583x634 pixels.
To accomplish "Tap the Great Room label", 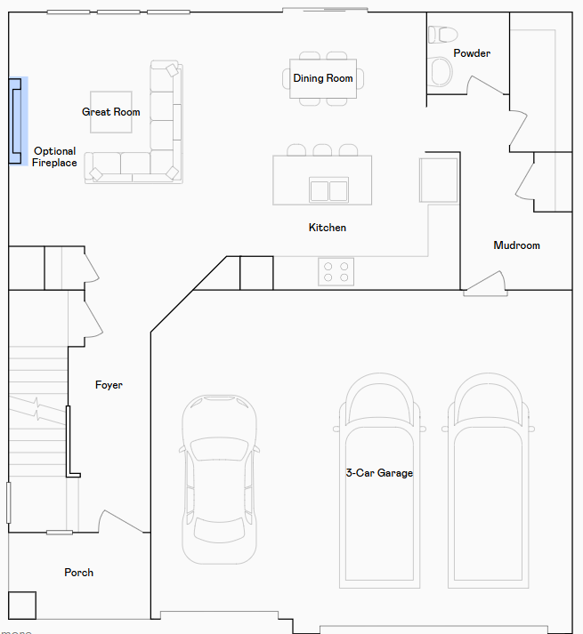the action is point(111,112).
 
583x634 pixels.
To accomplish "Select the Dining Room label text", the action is point(323,78).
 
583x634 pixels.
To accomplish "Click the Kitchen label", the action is point(328,228).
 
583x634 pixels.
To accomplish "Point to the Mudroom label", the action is point(516,245).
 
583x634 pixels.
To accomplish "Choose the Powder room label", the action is point(472,53).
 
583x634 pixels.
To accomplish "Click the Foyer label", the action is point(109,385).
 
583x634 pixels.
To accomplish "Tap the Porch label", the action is point(79,573).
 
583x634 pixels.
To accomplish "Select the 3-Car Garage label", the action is point(379,473).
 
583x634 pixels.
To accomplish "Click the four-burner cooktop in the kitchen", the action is point(336,272).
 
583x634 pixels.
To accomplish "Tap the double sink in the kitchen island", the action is point(328,189).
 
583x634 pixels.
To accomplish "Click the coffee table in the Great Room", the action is point(111,112).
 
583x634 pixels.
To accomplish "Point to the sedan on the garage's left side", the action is point(220,479).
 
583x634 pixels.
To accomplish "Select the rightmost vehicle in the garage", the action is point(488,480).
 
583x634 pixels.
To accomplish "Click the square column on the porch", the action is point(22,606).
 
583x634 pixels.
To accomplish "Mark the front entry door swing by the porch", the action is point(121,522).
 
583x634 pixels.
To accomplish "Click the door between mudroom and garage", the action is point(485,282).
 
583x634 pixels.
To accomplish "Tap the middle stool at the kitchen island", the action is point(322,150).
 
